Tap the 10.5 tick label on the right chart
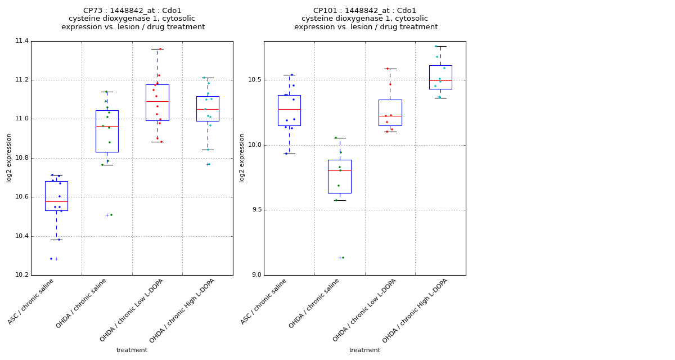click(x=254, y=80)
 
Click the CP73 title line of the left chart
click(x=132, y=11)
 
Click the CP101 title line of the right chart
click(x=365, y=11)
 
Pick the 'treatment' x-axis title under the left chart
click(x=132, y=350)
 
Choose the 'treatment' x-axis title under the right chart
click(x=364, y=350)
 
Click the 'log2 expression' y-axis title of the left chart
click(x=9, y=157)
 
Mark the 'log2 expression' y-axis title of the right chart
click(x=242, y=157)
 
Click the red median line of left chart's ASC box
click(x=56, y=201)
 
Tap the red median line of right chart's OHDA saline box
click(x=340, y=170)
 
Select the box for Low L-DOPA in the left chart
click(x=157, y=102)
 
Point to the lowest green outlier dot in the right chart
click(x=343, y=258)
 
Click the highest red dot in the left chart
click(x=160, y=49)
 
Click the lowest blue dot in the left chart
click(x=51, y=259)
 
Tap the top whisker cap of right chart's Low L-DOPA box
click(x=390, y=69)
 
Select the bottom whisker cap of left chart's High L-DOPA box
click(x=208, y=150)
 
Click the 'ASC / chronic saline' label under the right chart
click(x=264, y=301)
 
